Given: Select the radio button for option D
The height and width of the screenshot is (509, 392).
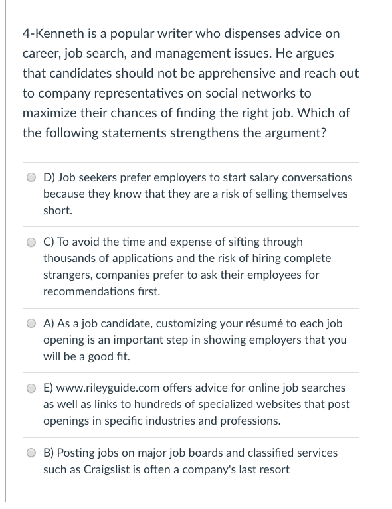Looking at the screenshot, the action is tap(31, 178).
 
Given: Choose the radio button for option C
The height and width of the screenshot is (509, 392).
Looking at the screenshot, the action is tap(31, 242).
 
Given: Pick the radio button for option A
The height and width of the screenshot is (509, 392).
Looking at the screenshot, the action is tap(31, 324).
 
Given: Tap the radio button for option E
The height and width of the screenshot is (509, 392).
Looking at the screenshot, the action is tap(31, 388).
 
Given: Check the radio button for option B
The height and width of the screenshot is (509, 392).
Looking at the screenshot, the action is tap(31, 453).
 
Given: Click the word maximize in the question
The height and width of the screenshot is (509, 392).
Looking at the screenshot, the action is tap(50, 113).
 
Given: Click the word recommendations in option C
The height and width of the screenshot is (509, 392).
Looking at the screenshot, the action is tap(92, 291).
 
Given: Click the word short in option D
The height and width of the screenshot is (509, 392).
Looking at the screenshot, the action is tap(56, 210).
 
